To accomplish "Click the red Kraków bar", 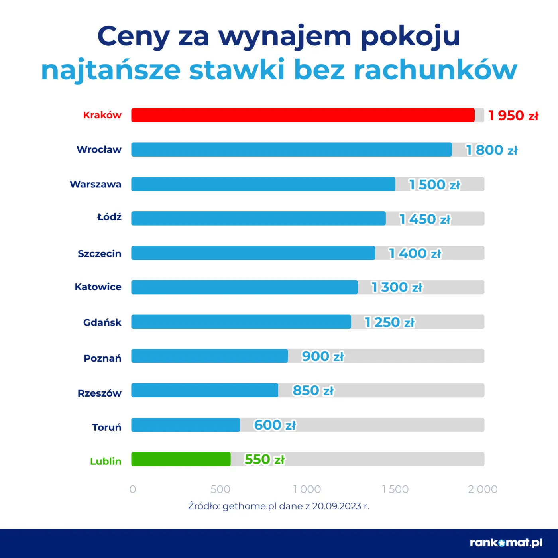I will click(303, 115).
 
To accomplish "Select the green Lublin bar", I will click(181, 459).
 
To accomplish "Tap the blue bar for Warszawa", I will click(263, 184).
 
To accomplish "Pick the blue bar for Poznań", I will click(210, 356).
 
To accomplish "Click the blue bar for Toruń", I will click(186, 425).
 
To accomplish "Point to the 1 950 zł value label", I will click(513, 116).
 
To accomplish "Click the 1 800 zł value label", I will click(492, 150).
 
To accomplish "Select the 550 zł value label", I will click(265, 460).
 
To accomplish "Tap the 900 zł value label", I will click(322, 356).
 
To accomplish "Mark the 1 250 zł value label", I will click(389, 322).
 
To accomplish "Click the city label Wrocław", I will click(99, 149).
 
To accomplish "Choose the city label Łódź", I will click(109, 217).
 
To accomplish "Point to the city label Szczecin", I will click(100, 253).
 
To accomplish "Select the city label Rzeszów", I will click(100, 393).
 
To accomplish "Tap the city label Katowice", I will click(98, 287).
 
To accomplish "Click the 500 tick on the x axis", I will click(220, 489).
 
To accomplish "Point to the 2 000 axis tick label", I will click(483, 489).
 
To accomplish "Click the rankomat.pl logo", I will click(506, 542).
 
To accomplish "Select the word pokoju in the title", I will click(411, 37).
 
